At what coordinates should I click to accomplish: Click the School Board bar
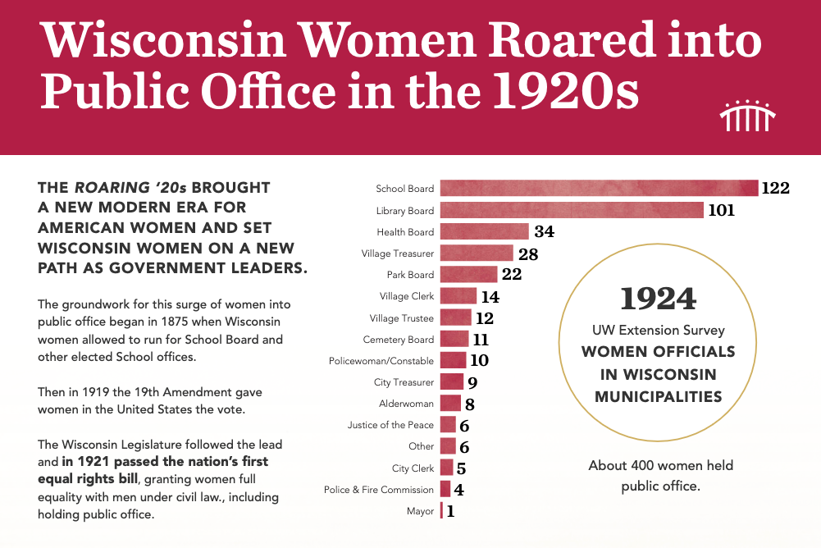tap(599, 188)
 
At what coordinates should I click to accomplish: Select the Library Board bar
tap(572, 210)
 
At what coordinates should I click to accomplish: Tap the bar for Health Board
tap(484, 231)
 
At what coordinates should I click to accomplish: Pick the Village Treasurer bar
tap(477, 253)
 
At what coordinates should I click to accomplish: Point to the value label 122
tap(775, 188)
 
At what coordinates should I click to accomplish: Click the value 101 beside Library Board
tap(721, 210)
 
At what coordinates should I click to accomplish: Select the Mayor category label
tap(420, 511)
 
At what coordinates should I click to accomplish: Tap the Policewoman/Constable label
tap(381, 361)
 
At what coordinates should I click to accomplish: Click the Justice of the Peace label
tap(390, 425)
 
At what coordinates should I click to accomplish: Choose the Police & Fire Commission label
tap(379, 490)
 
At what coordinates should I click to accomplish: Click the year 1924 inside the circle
tap(659, 299)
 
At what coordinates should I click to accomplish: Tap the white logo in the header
tap(747, 116)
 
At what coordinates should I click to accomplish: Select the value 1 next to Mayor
tap(450, 511)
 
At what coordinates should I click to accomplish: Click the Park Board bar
tap(468, 275)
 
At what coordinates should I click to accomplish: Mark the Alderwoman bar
tap(450, 404)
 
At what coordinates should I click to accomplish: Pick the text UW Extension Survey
tap(659, 331)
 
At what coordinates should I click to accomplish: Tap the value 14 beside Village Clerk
tap(490, 296)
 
